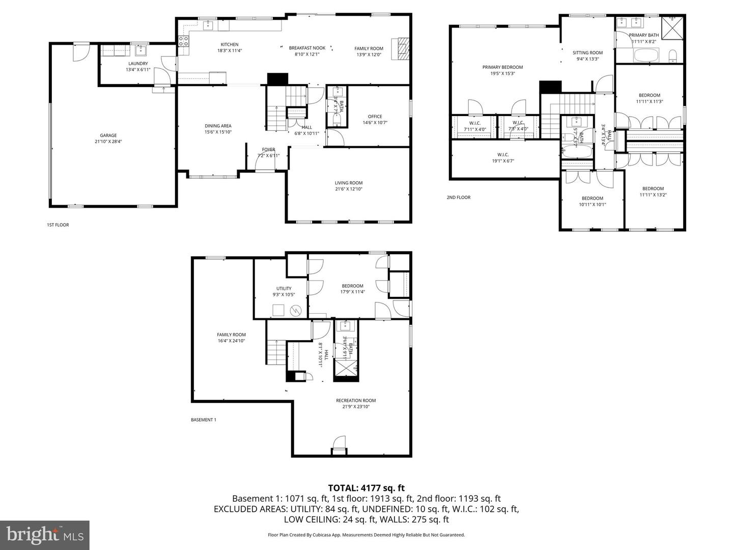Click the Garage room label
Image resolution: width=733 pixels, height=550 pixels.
(x=108, y=135)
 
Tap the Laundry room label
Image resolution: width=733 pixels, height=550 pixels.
(x=138, y=64)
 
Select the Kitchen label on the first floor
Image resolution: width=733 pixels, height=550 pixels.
(x=229, y=45)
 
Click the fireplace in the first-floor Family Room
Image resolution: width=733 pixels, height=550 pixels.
(x=400, y=49)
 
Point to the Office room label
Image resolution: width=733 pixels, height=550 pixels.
(x=375, y=117)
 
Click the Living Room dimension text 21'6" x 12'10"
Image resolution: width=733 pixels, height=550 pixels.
(x=349, y=189)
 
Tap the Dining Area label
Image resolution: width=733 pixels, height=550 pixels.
(x=218, y=126)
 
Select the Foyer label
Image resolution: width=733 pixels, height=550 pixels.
(x=268, y=150)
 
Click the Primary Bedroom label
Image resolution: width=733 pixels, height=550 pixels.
(x=502, y=67)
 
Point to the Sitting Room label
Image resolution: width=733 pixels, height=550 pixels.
(x=587, y=52)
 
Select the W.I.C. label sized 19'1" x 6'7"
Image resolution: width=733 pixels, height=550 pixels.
(x=502, y=155)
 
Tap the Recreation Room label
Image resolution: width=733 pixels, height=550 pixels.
(x=356, y=400)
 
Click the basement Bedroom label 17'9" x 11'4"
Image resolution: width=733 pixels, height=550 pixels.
(x=352, y=286)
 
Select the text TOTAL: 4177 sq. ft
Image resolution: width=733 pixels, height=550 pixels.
(x=366, y=488)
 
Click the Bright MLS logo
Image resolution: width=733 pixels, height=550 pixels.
(x=45, y=535)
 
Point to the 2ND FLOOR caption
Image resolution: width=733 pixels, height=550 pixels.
(x=458, y=198)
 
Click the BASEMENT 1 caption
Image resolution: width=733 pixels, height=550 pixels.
(x=204, y=420)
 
